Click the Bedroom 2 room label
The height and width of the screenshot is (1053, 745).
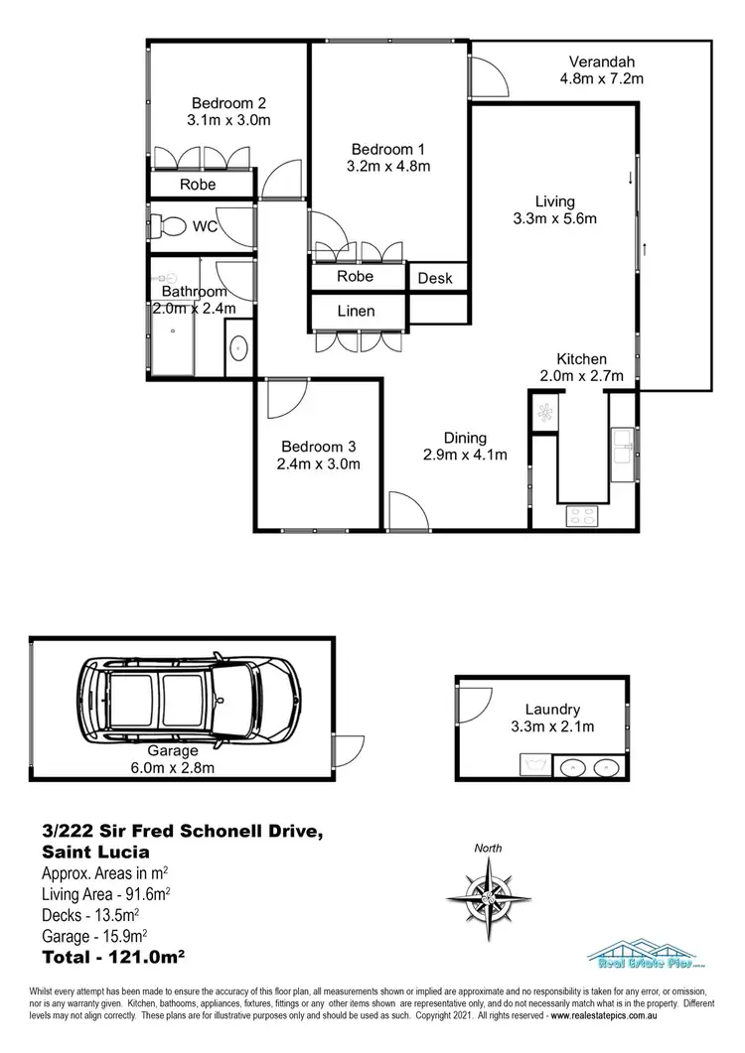(228, 102)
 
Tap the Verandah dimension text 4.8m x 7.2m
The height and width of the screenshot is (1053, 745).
(603, 79)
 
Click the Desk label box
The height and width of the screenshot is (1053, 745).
(435, 278)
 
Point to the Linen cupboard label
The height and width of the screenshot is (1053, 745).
(356, 311)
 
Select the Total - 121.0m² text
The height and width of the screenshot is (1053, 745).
(114, 957)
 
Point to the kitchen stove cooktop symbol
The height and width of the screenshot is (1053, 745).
(580, 516)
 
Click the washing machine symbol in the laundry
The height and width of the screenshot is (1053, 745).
(536, 764)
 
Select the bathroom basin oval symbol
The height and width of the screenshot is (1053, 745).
(238, 349)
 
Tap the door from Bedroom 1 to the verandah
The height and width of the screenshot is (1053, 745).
(486, 77)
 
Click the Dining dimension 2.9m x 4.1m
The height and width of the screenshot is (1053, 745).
(465, 456)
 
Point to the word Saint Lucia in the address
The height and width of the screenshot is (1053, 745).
(95, 852)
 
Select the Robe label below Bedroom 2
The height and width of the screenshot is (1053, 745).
(198, 185)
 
